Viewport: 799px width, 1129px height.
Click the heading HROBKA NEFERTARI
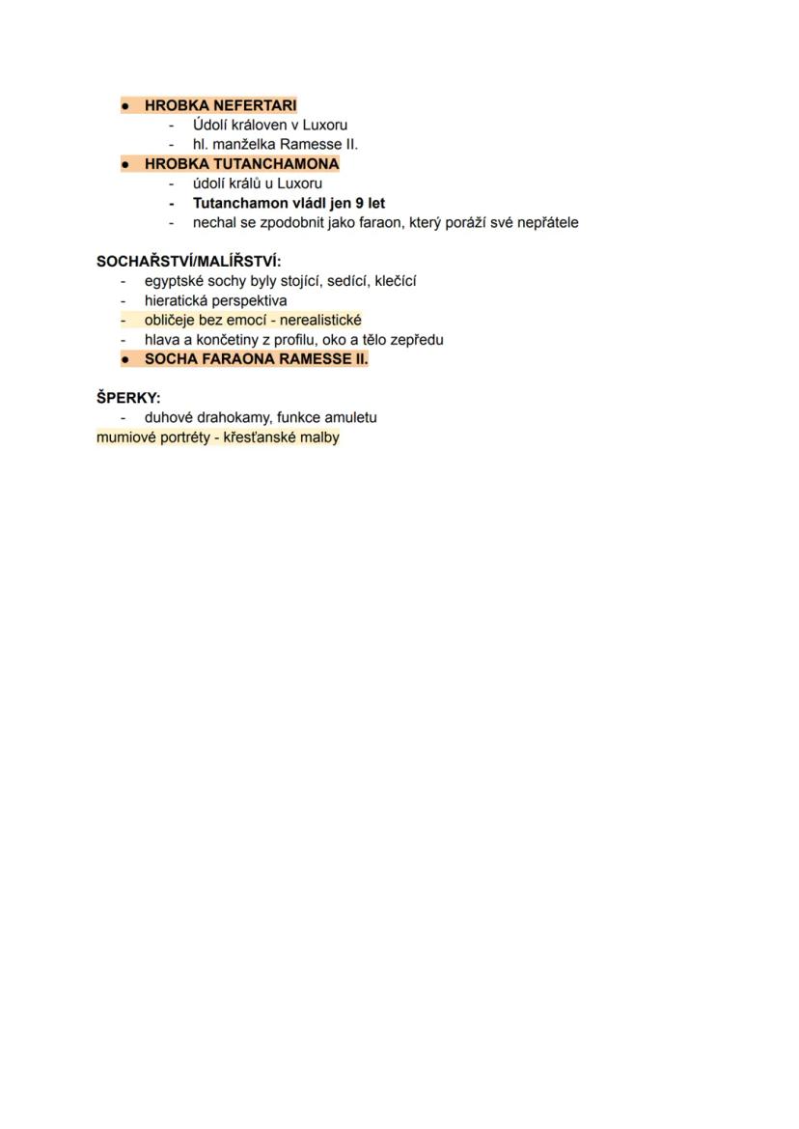[x=220, y=105]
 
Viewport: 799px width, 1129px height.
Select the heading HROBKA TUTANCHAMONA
[x=241, y=164]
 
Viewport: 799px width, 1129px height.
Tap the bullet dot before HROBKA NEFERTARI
[x=125, y=105]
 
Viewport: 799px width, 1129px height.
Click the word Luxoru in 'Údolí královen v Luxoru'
[x=325, y=125]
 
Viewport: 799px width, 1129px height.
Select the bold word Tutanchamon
[x=240, y=203]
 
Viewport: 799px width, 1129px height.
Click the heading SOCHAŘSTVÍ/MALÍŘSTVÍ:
[x=189, y=262]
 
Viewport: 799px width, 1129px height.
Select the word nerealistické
[x=320, y=320]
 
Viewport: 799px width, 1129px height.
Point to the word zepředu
[x=418, y=339]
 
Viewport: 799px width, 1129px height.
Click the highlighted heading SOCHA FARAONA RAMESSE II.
[x=256, y=359]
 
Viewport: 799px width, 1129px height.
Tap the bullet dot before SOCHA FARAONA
[x=125, y=359]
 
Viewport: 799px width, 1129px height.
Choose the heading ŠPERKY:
[x=128, y=398]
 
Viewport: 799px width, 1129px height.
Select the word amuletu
[x=350, y=417]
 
